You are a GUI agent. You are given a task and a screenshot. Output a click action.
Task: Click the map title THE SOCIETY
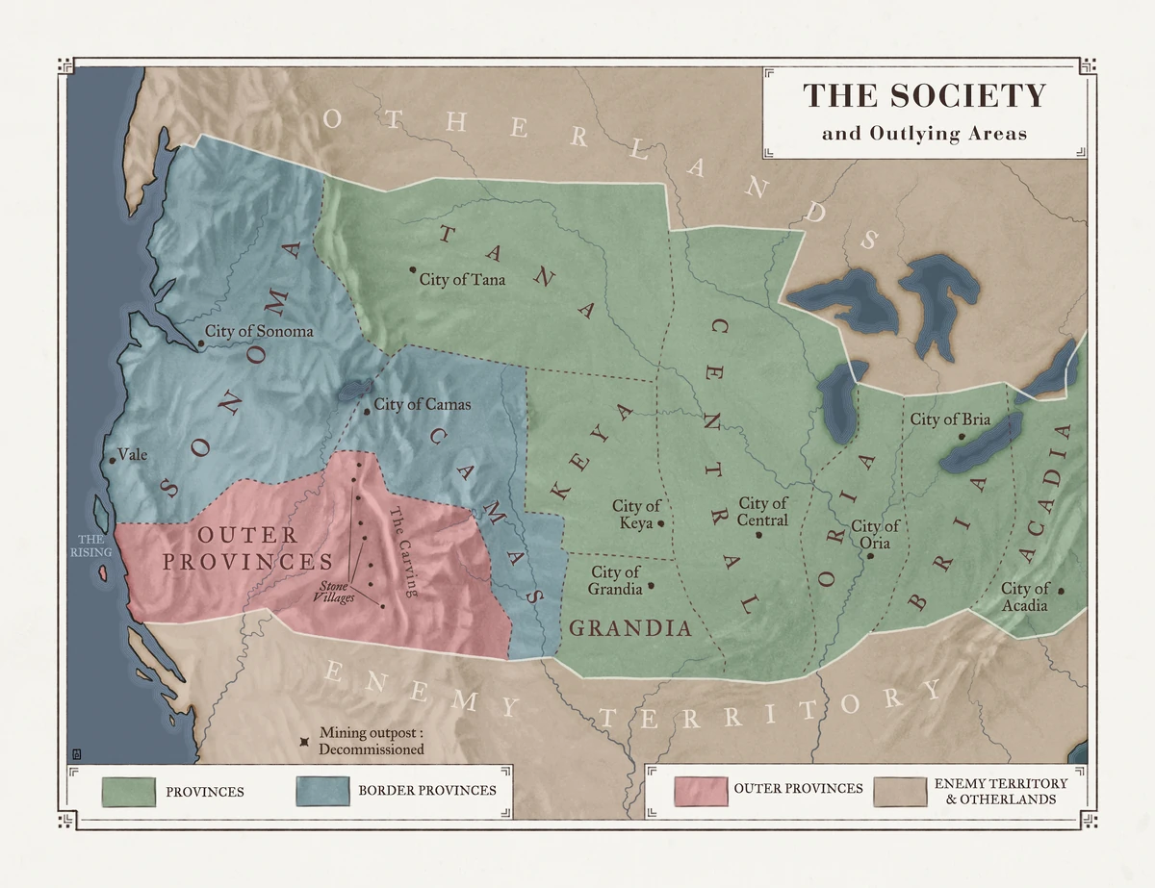[x=924, y=95]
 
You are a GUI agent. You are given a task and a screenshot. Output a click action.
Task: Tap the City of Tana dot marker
[x=412, y=269]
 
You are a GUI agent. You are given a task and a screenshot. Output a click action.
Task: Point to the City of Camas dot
[x=367, y=412]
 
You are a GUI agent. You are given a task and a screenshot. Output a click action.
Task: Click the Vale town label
[x=132, y=454]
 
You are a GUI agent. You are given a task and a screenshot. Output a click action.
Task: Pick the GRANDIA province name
[x=630, y=629]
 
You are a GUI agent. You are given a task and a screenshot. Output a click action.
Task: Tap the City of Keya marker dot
[x=661, y=523]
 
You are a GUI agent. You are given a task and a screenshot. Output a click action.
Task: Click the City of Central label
[x=763, y=512]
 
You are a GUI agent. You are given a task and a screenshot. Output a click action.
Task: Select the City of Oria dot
[x=870, y=557]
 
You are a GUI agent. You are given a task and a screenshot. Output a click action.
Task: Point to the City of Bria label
[x=950, y=419]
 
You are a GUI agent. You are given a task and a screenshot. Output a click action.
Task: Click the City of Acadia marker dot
[x=1061, y=592]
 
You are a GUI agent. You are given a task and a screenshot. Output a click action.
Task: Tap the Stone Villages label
[x=334, y=591]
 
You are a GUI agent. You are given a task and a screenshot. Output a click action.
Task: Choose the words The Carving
[x=402, y=552]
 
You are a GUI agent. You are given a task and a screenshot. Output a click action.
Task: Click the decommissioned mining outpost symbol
[x=305, y=741]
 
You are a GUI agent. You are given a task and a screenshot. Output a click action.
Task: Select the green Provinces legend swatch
[x=129, y=791]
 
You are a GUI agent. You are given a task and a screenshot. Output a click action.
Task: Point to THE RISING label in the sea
[x=91, y=545]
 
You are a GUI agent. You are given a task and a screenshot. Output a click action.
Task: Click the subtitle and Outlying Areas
[x=924, y=134]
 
